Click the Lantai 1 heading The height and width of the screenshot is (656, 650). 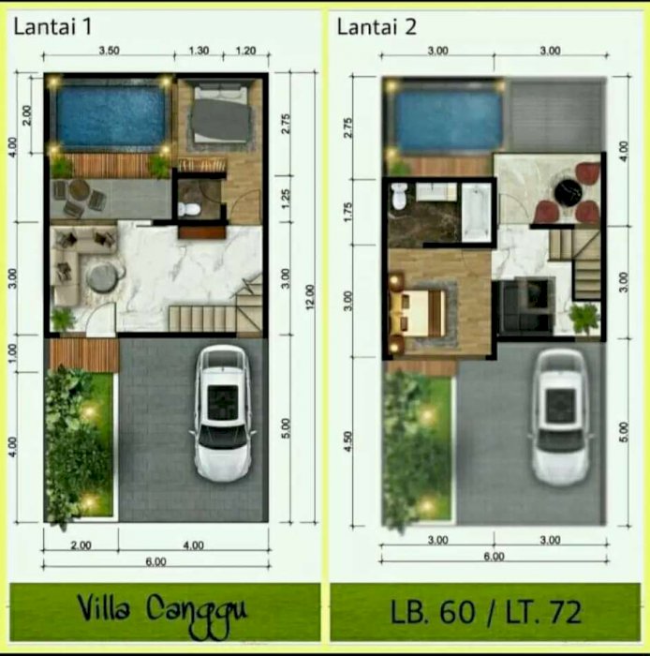[x=52, y=27]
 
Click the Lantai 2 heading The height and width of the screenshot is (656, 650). [x=377, y=27]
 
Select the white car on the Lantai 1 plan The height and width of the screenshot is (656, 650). [x=222, y=413]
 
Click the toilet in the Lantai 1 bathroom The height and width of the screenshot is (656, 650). [x=189, y=208]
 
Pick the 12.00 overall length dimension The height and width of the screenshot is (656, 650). [x=310, y=297]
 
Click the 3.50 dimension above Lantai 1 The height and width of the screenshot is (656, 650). [x=109, y=51]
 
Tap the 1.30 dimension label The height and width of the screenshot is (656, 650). [x=199, y=51]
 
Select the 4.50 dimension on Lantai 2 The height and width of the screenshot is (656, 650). [x=349, y=441]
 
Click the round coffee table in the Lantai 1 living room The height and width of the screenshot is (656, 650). [x=102, y=277]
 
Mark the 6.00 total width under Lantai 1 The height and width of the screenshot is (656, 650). [x=155, y=562]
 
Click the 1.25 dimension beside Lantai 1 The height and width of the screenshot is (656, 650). [x=286, y=200]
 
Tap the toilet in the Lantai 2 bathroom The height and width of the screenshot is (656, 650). [x=399, y=196]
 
